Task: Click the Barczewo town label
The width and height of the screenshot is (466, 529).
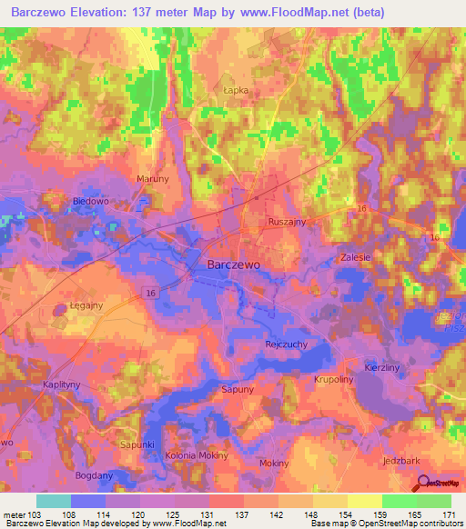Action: [235, 263]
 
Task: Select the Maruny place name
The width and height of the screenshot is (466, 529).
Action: [152, 179]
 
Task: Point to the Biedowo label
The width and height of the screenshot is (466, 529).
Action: [90, 201]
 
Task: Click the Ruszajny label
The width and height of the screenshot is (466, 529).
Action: [287, 221]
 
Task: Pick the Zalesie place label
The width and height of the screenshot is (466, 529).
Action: [355, 257]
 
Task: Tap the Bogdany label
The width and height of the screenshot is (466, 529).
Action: [96, 476]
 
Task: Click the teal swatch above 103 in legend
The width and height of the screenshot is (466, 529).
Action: [53, 501]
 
